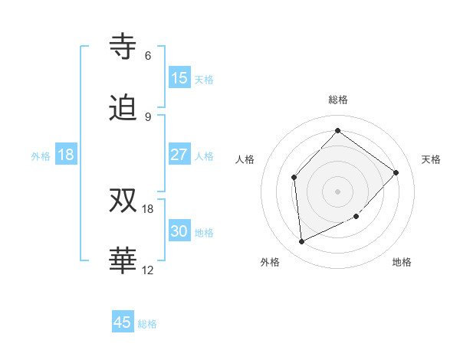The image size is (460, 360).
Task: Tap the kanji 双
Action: (123, 201)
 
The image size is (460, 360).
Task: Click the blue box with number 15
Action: (179, 78)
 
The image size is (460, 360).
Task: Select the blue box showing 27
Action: (179, 155)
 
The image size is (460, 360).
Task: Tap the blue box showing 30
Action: (179, 231)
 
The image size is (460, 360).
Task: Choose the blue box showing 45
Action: (123, 322)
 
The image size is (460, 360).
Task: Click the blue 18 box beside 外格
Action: (66, 155)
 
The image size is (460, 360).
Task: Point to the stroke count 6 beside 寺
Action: (147, 56)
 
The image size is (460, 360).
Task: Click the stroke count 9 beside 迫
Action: (147, 116)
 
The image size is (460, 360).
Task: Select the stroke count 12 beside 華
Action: (148, 270)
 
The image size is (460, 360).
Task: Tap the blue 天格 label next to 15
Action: (204, 80)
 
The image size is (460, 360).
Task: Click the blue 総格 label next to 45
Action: (147, 324)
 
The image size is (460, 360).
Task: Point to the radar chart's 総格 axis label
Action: (337, 100)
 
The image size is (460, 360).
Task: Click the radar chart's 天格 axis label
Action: (431, 159)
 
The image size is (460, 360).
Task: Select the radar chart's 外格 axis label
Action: (270, 262)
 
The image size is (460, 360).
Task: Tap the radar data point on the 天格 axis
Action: (396, 172)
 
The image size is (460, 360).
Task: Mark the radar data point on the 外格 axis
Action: (301, 241)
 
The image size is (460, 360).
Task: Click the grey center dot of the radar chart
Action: (337, 191)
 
